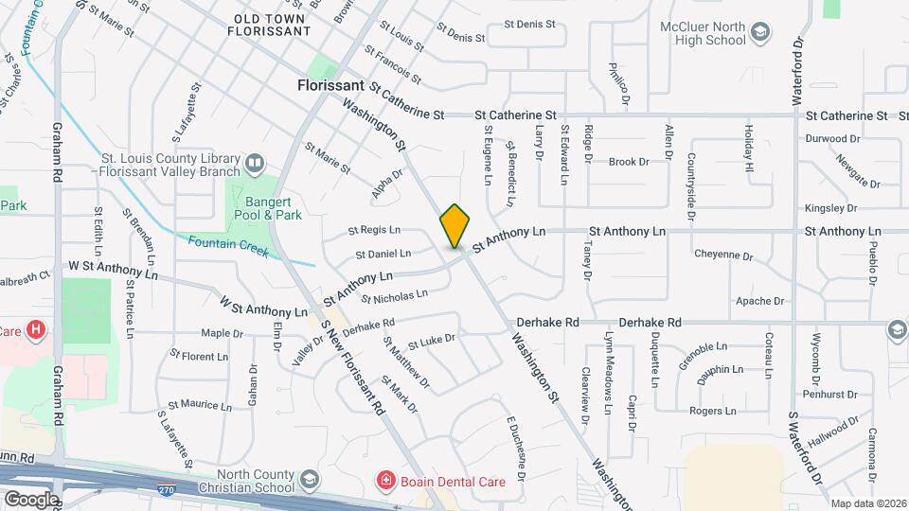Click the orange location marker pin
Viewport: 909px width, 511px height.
click(454, 225)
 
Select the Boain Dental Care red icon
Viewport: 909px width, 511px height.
click(385, 481)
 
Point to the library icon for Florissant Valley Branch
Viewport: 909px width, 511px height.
click(253, 164)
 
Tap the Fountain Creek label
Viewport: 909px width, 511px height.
click(228, 246)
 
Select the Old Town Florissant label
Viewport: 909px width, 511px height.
click(269, 25)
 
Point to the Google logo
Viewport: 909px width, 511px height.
click(30, 499)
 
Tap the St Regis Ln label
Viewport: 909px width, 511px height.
click(374, 230)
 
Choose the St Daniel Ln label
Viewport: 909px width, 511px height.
click(383, 254)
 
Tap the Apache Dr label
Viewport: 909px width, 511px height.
click(760, 302)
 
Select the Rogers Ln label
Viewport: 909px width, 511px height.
click(712, 411)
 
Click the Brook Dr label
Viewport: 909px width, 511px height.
click(628, 162)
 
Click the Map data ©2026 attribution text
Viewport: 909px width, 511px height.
click(868, 503)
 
